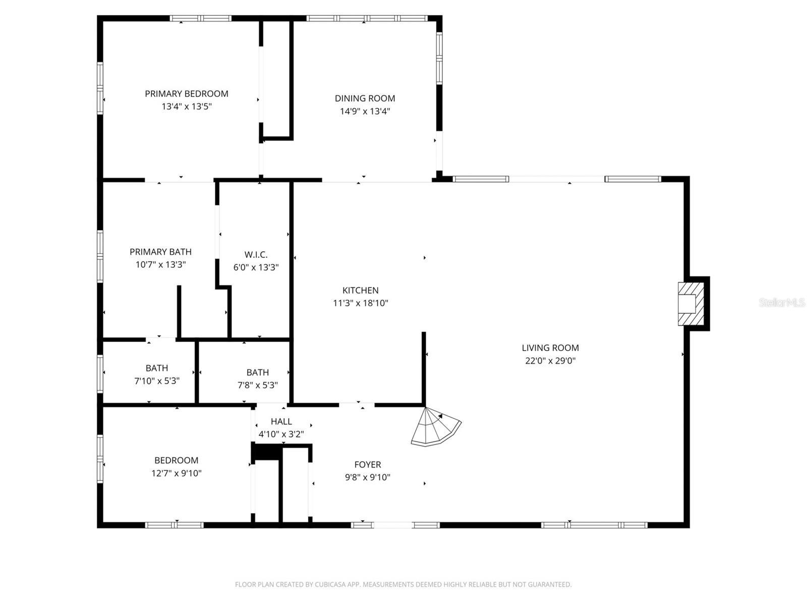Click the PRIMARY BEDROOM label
tap(187, 94)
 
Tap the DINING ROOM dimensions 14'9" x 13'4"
tap(365, 112)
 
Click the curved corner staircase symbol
tap(434, 428)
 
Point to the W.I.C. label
tap(256, 255)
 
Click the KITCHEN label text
tap(360, 291)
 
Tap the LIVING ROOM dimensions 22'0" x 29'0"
tap(550, 361)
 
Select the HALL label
tap(281, 422)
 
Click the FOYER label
tap(367, 465)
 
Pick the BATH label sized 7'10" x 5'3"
tap(157, 368)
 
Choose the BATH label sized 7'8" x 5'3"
tap(257, 373)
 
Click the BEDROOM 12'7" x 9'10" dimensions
tap(176, 473)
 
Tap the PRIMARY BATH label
tap(160, 252)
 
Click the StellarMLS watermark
tap(782, 303)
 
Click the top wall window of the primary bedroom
tap(201, 19)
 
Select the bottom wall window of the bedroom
tap(175, 525)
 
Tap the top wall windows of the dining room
tap(367, 19)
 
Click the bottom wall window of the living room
tap(594, 525)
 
